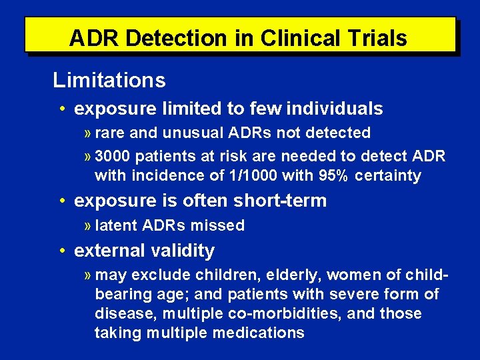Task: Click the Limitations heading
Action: point(109,81)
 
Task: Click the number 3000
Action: point(115,156)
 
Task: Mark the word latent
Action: point(117,225)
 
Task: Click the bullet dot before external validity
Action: point(61,251)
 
